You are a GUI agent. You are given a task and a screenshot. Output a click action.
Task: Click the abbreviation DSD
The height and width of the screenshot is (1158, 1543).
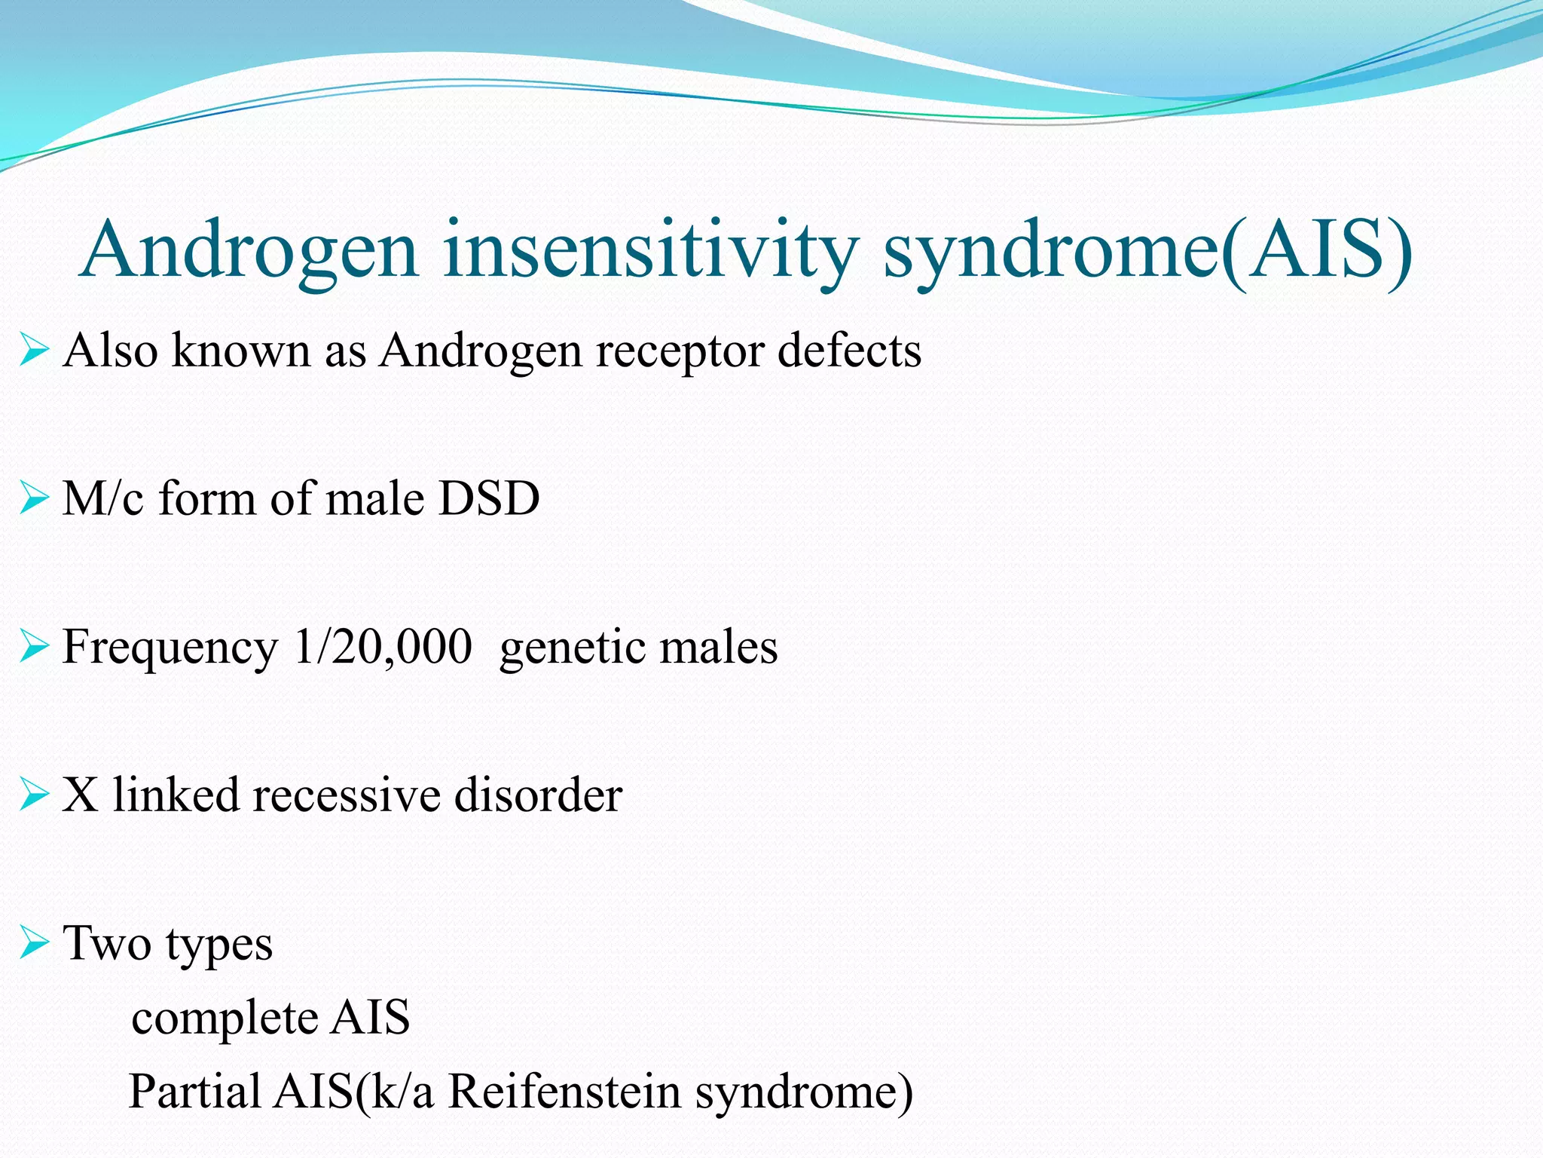[x=489, y=498]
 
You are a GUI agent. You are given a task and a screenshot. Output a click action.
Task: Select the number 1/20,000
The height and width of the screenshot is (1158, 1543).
[x=383, y=647]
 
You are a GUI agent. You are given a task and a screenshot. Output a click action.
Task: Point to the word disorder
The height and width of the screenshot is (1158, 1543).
[x=538, y=795]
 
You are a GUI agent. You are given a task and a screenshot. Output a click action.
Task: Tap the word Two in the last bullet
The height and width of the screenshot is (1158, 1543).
[x=106, y=942]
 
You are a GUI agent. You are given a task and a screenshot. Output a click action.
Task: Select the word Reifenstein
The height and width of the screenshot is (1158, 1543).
[x=564, y=1091]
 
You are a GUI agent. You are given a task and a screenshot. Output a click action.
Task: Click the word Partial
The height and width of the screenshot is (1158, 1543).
[x=195, y=1091]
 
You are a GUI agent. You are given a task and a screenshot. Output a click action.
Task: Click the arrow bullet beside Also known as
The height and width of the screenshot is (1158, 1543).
[x=35, y=351]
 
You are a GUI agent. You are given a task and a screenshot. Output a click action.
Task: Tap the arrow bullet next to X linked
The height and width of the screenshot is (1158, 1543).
[x=35, y=795]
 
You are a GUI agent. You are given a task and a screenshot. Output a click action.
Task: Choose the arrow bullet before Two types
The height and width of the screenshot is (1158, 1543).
[x=35, y=943]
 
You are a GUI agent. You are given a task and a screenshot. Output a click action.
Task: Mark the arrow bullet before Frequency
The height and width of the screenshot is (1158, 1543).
[x=35, y=647]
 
